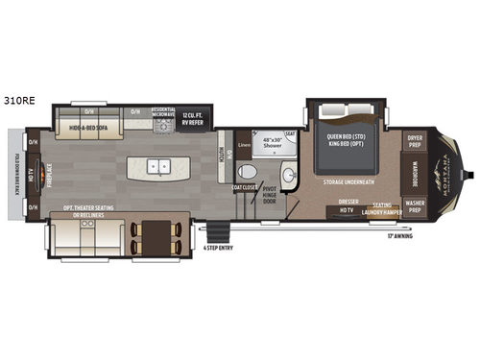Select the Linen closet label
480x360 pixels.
pos(244,145)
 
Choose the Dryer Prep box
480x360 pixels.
pos(415,139)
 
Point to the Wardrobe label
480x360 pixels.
pos(416,172)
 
